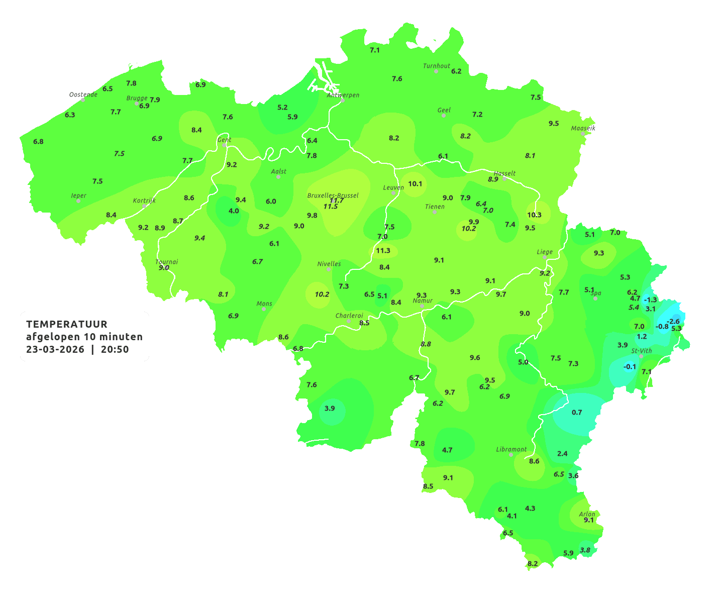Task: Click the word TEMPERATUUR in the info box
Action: point(67,324)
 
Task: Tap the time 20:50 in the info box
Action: point(115,349)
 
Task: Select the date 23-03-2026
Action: point(56,349)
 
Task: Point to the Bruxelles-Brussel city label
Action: point(333,195)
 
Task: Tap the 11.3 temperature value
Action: point(383,250)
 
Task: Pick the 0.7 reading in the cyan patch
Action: point(577,412)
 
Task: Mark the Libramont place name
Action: point(511,449)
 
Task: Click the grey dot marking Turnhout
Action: point(436,71)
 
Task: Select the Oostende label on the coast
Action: point(83,94)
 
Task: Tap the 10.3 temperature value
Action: point(534,215)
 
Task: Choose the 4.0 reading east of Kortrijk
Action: point(234,211)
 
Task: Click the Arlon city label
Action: point(587,514)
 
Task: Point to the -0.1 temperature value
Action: point(630,366)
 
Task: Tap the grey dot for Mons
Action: point(264,309)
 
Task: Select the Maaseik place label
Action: point(583,128)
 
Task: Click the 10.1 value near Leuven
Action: point(415,183)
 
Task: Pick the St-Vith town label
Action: point(641,351)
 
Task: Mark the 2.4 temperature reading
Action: point(562,453)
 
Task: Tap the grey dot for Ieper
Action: point(78,201)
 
